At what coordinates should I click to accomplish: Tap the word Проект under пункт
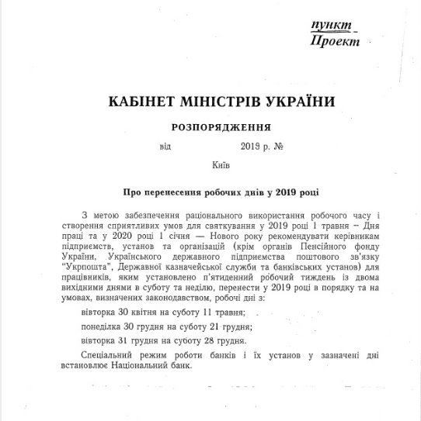335,41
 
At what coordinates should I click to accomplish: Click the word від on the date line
163,145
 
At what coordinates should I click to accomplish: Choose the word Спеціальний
108,356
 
